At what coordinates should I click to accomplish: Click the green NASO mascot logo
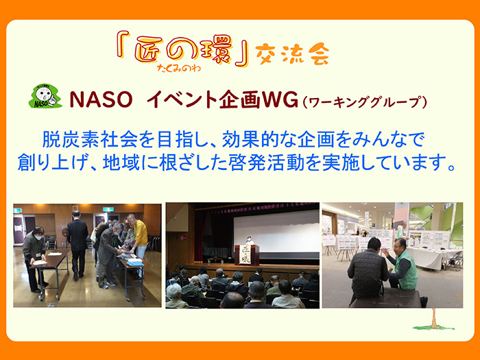(45, 98)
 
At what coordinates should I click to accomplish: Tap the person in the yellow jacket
(139, 237)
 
